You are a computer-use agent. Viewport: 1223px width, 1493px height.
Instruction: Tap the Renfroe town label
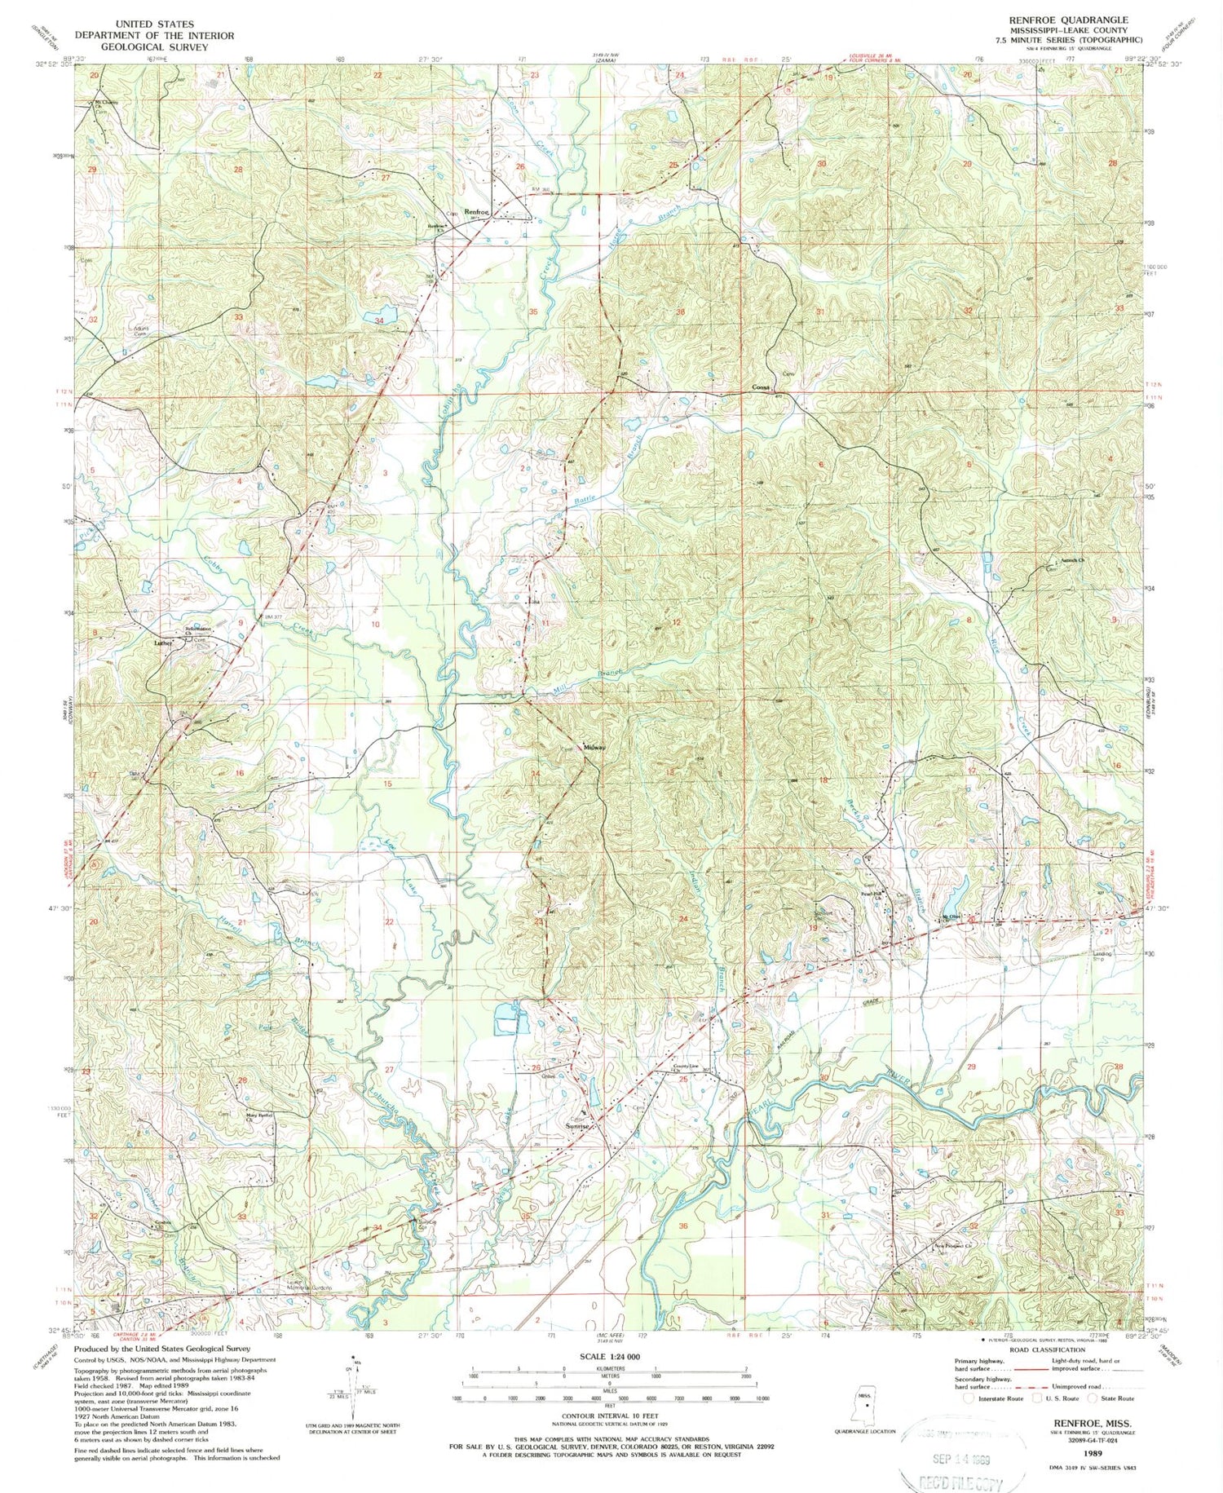pyautogui.click(x=476, y=213)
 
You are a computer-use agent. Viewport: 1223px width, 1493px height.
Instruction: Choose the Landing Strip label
pyautogui.click(x=1102, y=956)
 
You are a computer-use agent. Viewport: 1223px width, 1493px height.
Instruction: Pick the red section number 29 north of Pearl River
pyautogui.click(x=970, y=1067)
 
